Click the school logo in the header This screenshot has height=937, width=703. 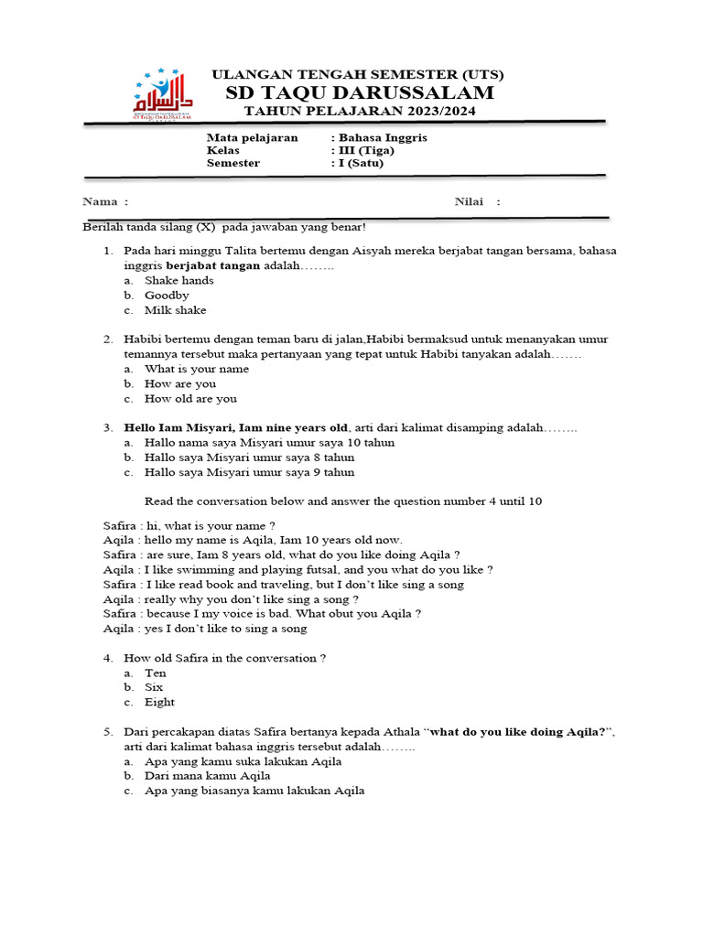coord(165,94)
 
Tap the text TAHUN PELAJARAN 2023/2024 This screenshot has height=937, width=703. coord(359,112)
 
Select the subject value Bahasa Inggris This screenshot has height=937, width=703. coord(383,137)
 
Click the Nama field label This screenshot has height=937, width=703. coord(105,201)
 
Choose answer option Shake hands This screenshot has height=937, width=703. coord(179,280)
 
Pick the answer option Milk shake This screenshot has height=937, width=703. coord(176,310)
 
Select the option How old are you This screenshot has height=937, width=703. coord(190,398)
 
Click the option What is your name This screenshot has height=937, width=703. coord(197,369)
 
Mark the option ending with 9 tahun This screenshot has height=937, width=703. coord(249,472)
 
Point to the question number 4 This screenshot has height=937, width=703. coord(107,658)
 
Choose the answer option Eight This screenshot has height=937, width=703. coord(159,702)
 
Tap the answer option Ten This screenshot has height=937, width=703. coord(156,673)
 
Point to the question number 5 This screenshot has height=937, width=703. coord(107,732)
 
